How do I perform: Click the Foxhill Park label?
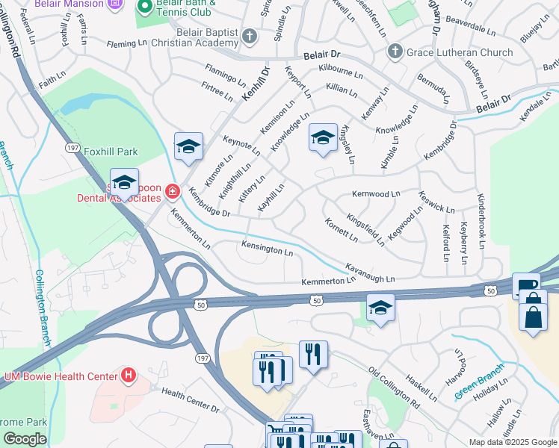pos(111,152)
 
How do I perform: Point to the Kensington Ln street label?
pos(267,248)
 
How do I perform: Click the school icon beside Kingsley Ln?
pos(323,138)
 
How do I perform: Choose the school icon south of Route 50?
pos(380,308)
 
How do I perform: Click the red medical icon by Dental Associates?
pos(173,193)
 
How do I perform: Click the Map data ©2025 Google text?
pos(512,442)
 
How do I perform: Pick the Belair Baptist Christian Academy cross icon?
pos(250,35)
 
